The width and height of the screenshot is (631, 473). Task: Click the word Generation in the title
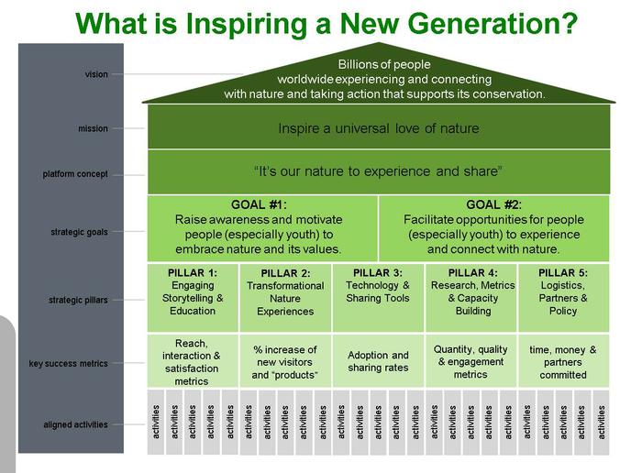coord(459,24)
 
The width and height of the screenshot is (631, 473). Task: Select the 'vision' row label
coord(96,74)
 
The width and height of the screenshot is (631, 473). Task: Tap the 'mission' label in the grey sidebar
coord(93,128)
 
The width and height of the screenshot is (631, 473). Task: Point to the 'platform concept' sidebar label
coord(75,174)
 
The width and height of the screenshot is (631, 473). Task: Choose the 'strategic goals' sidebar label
coord(79,232)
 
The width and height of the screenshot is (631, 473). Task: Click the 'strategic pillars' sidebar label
coord(78,300)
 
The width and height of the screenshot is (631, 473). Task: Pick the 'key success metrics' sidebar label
coord(69,364)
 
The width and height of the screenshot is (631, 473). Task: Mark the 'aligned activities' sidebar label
coord(75,424)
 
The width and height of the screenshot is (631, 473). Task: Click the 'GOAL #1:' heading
coord(259,204)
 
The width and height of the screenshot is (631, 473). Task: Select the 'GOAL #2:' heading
coord(493,204)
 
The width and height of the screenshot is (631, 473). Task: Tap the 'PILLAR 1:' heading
coord(193,273)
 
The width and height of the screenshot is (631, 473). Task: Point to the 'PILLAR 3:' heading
coord(378,273)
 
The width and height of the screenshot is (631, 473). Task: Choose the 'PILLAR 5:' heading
coord(563,273)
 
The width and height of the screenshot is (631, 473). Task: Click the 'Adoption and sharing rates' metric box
coord(378,361)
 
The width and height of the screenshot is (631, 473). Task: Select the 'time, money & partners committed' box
coord(563,361)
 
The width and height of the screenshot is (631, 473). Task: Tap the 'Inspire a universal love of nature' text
coord(379,128)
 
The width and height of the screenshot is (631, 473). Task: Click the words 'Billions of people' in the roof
coord(384,64)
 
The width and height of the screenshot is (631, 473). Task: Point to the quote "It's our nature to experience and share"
coord(378,171)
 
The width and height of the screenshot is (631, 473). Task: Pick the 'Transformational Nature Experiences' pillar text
coord(285,299)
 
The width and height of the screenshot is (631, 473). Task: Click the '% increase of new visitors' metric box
coord(285,361)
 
